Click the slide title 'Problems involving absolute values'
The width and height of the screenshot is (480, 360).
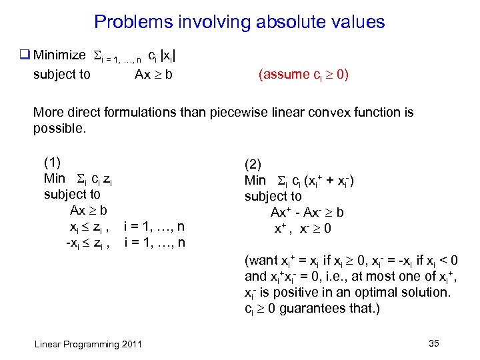(239, 22)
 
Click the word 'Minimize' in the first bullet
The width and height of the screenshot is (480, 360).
(59, 55)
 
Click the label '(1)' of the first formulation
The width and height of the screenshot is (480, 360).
(52, 162)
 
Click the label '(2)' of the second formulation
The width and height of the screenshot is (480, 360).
(253, 164)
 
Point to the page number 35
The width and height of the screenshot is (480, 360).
(433, 343)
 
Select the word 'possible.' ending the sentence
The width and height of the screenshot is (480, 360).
(59, 128)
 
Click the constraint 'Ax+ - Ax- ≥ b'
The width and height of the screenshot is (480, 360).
(307, 213)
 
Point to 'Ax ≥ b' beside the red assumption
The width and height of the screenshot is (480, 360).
(153, 74)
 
